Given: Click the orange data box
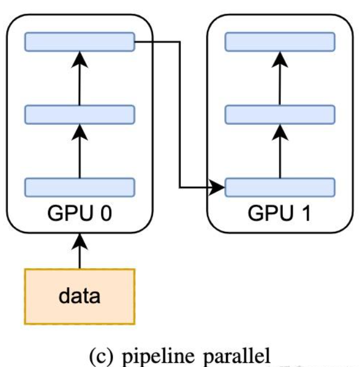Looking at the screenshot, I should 79,296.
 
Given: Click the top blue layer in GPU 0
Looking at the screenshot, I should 79,41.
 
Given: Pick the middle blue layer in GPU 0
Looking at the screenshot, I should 79,114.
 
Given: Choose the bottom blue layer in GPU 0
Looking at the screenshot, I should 79,187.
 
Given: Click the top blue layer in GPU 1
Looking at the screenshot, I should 279,41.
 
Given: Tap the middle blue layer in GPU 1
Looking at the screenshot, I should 279,114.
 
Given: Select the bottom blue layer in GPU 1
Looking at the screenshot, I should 279,187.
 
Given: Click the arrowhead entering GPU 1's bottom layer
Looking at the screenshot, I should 219,187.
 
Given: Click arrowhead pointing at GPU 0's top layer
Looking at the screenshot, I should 79,56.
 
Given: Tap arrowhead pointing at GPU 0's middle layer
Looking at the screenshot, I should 79,129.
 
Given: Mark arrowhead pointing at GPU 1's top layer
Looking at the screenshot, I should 279,56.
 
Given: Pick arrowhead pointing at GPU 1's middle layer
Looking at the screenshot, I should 279,129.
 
